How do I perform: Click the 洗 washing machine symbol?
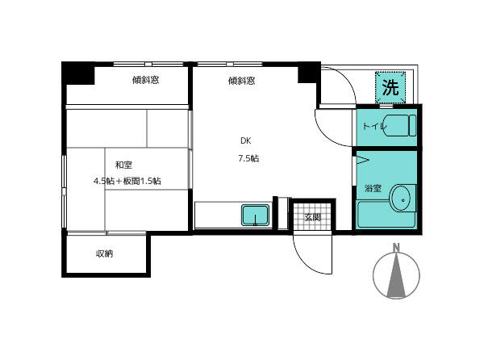(x=390, y=87)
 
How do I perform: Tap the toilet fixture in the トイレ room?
(x=400, y=125)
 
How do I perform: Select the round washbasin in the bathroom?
(x=403, y=199)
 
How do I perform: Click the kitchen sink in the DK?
(x=255, y=215)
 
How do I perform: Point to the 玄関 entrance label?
(x=312, y=217)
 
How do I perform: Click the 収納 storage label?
(x=104, y=253)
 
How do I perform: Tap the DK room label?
(x=246, y=140)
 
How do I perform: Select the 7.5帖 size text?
(x=248, y=158)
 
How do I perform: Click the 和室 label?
(x=123, y=165)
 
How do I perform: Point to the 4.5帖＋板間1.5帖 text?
(x=127, y=181)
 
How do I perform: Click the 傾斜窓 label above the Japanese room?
(x=146, y=80)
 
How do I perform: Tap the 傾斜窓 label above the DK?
(x=241, y=81)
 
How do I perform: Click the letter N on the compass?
(x=396, y=248)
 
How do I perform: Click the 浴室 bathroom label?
(x=373, y=188)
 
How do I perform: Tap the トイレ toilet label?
(x=374, y=126)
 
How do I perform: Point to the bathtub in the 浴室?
(x=386, y=215)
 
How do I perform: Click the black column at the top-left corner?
(x=78, y=73)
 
